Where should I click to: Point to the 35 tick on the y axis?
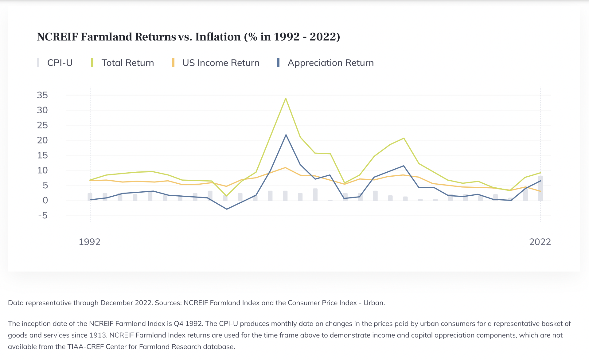tap(42, 95)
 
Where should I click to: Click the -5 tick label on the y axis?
tap(43, 215)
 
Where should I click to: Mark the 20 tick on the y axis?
tap(42, 140)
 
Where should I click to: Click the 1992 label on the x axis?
tap(90, 242)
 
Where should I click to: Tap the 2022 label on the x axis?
tap(540, 242)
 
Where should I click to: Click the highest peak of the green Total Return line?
tap(286, 98)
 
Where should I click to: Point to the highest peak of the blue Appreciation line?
tap(286, 135)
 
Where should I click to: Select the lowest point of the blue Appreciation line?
tap(227, 209)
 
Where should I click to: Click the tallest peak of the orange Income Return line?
tap(285, 168)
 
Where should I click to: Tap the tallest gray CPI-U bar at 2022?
tap(540, 188)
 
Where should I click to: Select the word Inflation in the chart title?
tap(218, 37)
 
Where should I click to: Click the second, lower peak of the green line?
tap(404, 138)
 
